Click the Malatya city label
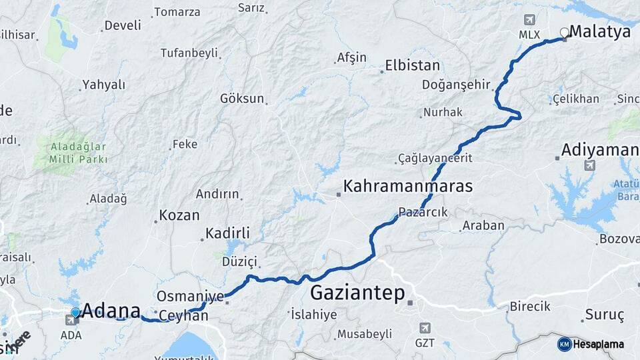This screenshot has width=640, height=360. (600, 31)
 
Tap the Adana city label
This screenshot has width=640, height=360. (111, 311)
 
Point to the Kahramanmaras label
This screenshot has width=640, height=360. (407, 186)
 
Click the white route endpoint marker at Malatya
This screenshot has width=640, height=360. (565, 31)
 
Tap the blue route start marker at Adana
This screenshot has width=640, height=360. (75, 312)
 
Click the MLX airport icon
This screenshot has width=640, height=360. (529, 20)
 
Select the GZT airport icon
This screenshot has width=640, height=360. (425, 328)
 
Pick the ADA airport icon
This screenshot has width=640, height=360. (71, 321)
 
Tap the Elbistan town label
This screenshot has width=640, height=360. (412, 66)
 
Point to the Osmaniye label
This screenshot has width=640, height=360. (190, 295)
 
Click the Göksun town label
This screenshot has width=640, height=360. (242, 99)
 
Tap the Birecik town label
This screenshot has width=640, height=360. (530, 307)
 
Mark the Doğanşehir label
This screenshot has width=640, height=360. (456, 85)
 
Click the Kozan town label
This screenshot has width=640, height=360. (179, 215)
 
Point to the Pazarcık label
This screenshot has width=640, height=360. (423, 212)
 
